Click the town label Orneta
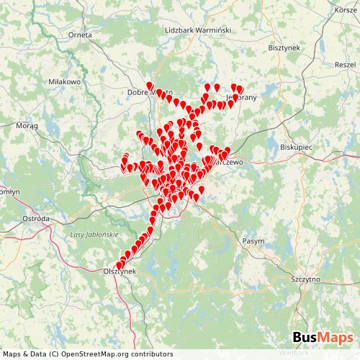(x=81, y=34)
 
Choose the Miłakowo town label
(x=63, y=82)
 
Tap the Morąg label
(x=27, y=125)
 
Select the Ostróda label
(x=36, y=217)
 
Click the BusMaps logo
(x=323, y=337)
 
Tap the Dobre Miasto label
(x=148, y=93)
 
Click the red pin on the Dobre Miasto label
(x=150, y=87)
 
